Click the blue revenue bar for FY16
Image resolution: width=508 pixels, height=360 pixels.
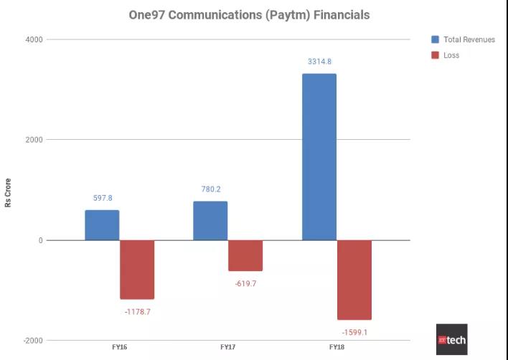click(102, 225)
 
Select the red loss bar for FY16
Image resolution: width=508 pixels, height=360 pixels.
click(137, 270)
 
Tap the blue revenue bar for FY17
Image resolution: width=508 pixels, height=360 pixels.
click(210, 221)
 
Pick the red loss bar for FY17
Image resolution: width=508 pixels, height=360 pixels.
click(245, 255)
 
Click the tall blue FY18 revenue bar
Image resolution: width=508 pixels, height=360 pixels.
click(319, 157)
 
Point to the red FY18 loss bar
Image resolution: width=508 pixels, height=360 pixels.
click(354, 280)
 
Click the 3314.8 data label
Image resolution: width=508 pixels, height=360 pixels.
click(319, 62)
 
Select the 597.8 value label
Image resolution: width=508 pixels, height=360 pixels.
click(103, 198)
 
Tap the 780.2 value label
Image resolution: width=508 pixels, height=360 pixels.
click(211, 189)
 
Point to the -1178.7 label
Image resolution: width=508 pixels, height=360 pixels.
click(137, 312)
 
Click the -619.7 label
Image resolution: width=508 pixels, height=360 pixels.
click(245, 284)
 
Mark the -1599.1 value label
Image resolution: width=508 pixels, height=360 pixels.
click(354, 333)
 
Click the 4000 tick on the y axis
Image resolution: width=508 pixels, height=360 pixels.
click(34, 39)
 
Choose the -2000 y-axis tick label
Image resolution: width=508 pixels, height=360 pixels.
click(32, 341)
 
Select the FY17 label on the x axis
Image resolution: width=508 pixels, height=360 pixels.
click(227, 347)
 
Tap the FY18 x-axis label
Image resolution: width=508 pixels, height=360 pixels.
click(337, 347)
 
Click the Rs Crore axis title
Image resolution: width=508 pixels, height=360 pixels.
click(9, 192)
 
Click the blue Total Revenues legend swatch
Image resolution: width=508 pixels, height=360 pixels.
click(435, 39)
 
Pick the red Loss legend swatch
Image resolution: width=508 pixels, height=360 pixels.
click(435, 55)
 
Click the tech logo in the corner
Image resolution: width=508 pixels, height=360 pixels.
click(451, 339)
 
